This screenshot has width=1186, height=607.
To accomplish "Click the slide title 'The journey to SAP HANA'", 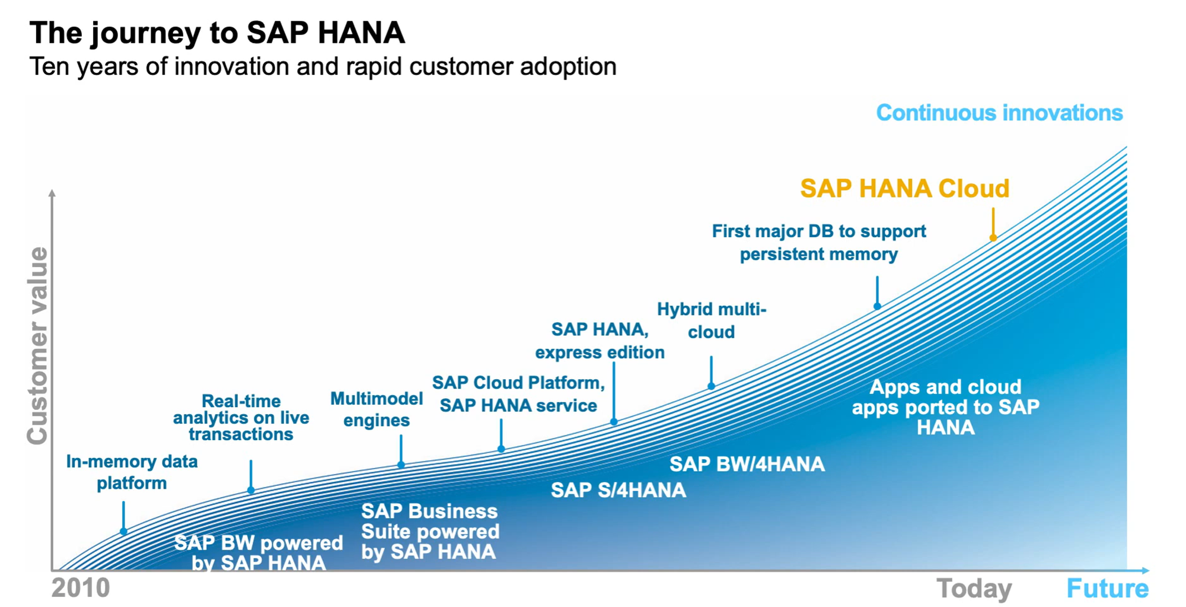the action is (x=217, y=33).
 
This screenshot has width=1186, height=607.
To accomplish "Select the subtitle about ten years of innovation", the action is (x=323, y=66).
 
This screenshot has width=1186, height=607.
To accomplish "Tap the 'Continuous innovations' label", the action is (x=999, y=113).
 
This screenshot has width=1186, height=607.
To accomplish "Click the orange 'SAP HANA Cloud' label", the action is (x=904, y=189).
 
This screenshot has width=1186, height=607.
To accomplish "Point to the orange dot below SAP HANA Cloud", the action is (x=993, y=238).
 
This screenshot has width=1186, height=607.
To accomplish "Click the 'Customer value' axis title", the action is (x=37, y=345).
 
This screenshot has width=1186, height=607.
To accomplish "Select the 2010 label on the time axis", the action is (x=81, y=588).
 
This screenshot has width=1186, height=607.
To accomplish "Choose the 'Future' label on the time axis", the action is (x=1107, y=589).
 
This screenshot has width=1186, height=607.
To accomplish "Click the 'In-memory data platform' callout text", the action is (x=132, y=472).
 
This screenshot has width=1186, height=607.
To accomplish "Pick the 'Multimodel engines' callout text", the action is (x=377, y=409).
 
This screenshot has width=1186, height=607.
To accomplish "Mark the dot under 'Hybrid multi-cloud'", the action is (x=711, y=386).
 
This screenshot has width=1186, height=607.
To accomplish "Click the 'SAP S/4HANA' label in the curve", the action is (x=618, y=490).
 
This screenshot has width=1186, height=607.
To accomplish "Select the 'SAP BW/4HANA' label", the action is (x=747, y=464).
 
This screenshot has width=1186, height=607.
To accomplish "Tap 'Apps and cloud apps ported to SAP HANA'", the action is (x=946, y=407).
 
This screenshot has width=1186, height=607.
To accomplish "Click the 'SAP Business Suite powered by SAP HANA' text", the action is (x=430, y=532).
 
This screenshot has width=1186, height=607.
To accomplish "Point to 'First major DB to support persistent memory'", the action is (x=819, y=243).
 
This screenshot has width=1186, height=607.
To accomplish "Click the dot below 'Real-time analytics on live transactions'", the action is (x=251, y=491).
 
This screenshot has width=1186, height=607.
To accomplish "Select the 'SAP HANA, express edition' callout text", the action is (x=600, y=341).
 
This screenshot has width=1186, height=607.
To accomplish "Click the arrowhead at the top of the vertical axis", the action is (x=52, y=193).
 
